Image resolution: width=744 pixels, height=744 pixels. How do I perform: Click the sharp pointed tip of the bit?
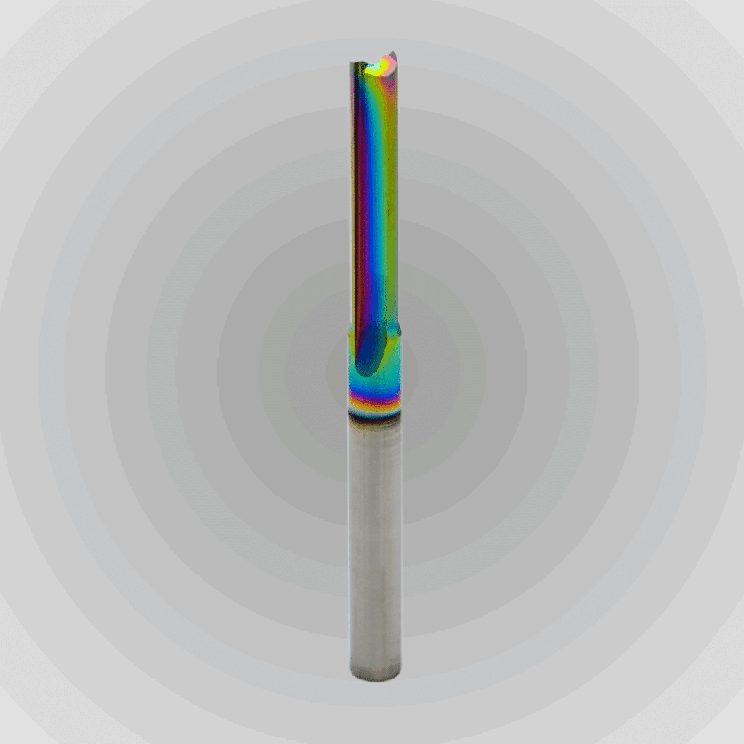point(392,52)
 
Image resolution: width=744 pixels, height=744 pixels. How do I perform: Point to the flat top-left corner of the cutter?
point(352,64)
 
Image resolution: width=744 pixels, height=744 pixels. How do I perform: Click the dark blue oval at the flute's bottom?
point(371,349)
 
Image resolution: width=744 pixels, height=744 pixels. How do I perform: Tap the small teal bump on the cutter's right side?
point(397,330)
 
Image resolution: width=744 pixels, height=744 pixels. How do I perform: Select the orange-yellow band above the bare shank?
point(373,402)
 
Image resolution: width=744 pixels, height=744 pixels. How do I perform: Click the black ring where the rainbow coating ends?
point(373,414)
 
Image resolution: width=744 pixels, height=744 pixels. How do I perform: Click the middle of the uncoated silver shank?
point(374,545)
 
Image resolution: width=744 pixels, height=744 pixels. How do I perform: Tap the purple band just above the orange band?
point(373,393)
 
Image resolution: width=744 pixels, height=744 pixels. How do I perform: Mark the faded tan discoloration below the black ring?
point(373,429)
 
